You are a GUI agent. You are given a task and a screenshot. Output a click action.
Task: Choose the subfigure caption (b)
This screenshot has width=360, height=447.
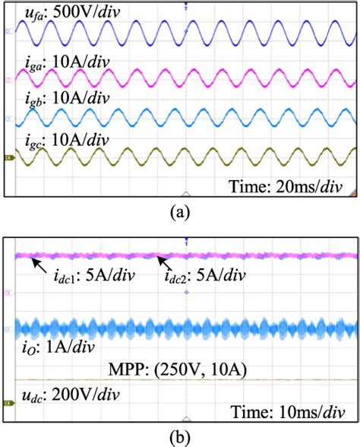click(181, 437)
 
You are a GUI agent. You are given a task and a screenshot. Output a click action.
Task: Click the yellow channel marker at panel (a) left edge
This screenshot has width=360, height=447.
click(9, 158)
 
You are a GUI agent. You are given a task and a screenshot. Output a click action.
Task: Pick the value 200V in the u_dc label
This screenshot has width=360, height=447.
click(60, 398)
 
